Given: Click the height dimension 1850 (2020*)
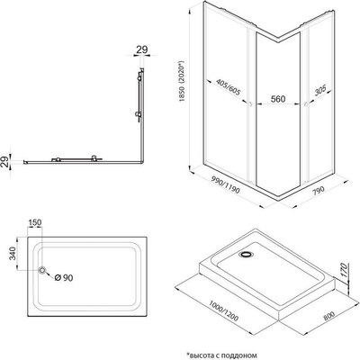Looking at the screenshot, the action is point(182,82).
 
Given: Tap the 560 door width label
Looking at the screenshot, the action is point(278,99).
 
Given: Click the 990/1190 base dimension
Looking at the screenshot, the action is point(225,184).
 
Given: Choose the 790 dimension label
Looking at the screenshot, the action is point(319,191).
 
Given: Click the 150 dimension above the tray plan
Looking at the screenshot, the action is point(35,222).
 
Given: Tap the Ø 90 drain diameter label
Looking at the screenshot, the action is point(64,278).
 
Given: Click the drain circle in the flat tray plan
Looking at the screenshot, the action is point(42,270).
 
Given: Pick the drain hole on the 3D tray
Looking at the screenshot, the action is point(246,255).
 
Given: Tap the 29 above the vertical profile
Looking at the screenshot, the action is point(142,49).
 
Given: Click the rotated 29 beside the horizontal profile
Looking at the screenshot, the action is point(5,162).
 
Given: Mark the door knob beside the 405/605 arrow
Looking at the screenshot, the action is point(250,104).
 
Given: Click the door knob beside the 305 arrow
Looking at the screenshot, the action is point(305,104).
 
